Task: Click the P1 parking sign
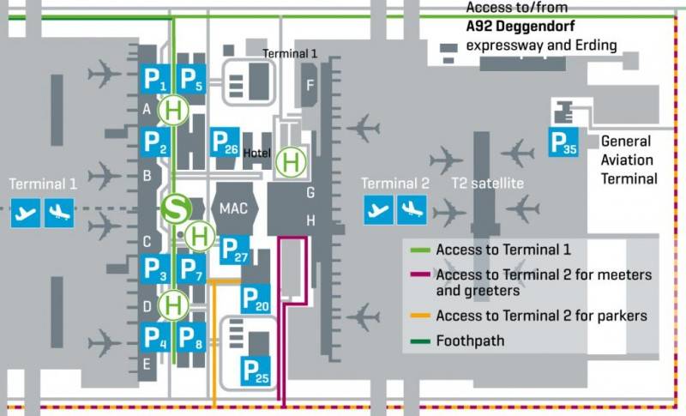coord(155,79)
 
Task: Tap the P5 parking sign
coord(190,79)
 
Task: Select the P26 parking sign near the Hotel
coord(225,142)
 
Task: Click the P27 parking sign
coord(235,250)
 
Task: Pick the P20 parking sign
coord(256,298)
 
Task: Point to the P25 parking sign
coord(256,371)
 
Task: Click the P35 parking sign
coord(563,142)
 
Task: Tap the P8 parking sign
coord(190,338)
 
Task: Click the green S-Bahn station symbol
coord(177,209)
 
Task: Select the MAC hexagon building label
coord(233,208)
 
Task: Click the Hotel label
coord(256,153)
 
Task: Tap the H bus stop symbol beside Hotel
coord(291,163)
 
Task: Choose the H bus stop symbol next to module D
coord(173,305)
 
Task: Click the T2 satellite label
coord(487,183)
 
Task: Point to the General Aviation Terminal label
coord(629,160)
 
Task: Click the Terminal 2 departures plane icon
coord(378,210)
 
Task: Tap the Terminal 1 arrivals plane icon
coord(59,213)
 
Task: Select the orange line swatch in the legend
coord(420,316)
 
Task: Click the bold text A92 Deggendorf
coord(521,26)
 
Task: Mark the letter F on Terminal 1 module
coord(310,85)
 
